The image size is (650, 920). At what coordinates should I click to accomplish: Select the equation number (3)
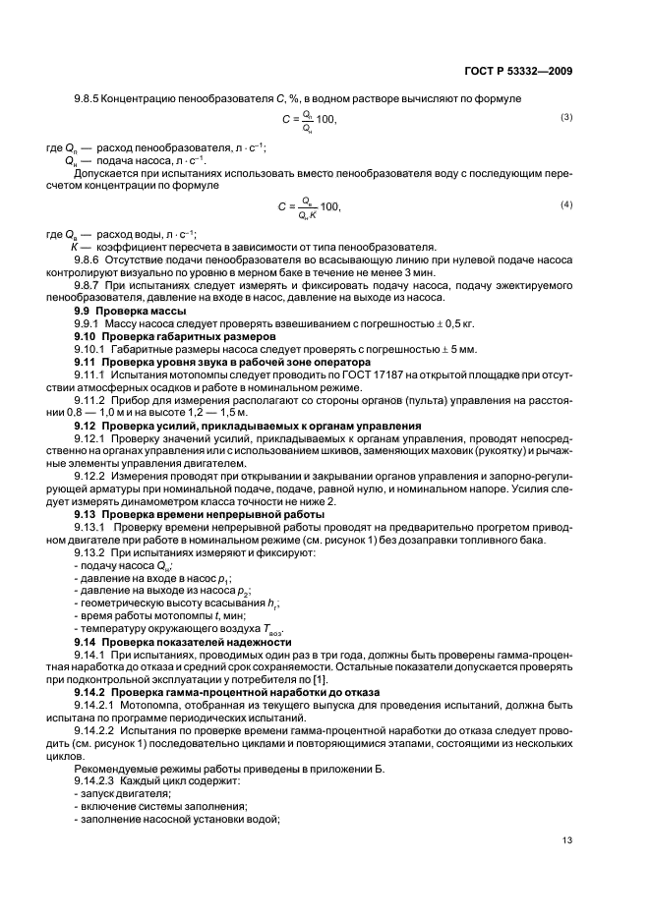(566, 118)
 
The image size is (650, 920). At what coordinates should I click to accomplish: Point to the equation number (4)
(566, 203)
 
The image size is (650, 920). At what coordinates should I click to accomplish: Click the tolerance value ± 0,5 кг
(447, 322)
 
